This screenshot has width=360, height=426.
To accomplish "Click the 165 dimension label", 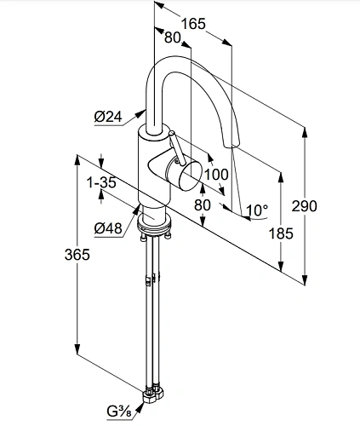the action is click(193, 24).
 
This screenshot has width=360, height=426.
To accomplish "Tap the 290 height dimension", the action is click(305, 205).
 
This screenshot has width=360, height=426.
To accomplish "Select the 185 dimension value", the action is click(281, 233).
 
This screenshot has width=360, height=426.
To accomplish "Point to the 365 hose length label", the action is click(77, 254).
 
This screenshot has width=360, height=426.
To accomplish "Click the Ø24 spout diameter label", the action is click(108, 116).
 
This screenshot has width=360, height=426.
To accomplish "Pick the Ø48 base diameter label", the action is click(108, 227).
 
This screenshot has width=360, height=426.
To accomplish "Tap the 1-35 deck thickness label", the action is click(101, 182).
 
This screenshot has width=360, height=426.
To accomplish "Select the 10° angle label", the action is click(257, 210).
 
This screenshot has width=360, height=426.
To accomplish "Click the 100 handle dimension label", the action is click(216, 174).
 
